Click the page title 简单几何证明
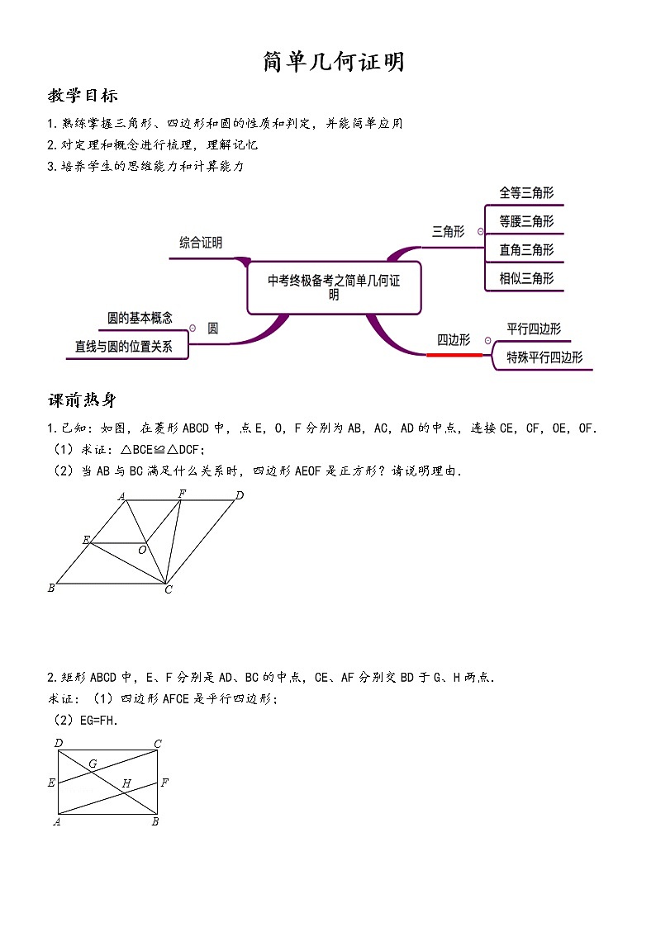coord(334,62)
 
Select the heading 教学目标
coord(83,96)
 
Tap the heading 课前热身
coord(83,400)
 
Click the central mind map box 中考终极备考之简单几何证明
coord(334,287)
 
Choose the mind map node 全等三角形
coord(526,193)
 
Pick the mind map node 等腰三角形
coord(526,221)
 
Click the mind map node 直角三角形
coord(526,249)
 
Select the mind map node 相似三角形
coord(526,278)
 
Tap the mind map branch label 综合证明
coord(201,243)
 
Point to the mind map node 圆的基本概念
coord(140,318)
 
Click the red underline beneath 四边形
coord(454,355)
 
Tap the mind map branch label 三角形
coord(449,232)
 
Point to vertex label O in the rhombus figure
coord(142,550)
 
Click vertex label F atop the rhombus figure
coord(182,494)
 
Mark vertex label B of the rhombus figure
coord(51,588)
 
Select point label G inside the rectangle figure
coord(93,764)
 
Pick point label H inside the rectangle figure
coord(126,783)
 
